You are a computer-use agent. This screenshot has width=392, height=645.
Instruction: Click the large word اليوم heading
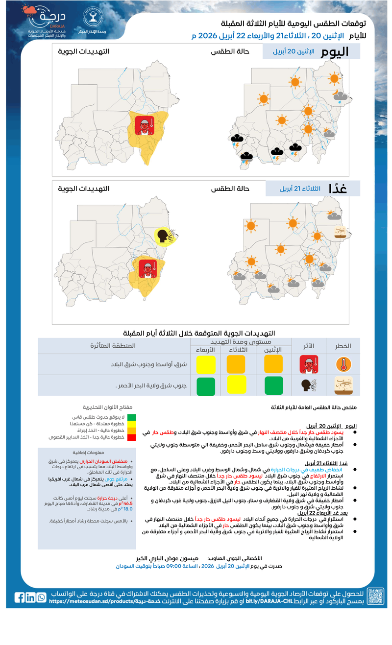[x=335, y=52]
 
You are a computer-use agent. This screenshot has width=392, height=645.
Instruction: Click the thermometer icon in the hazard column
[x=343, y=364]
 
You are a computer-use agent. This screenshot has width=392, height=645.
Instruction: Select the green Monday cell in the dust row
[x=274, y=386]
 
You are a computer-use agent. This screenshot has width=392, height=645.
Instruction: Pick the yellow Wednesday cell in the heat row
[x=206, y=364]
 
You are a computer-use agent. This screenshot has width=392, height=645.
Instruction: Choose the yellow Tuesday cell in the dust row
[x=236, y=386]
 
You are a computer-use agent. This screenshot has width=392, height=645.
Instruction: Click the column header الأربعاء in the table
[x=204, y=349]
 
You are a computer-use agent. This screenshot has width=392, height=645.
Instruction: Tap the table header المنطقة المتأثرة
[x=113, y=346]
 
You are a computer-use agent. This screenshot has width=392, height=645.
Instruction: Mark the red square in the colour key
[x=132, y=437]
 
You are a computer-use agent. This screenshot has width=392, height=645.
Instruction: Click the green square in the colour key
[x=132, y=417]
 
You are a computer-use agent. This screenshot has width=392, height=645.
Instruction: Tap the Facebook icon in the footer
[x=20, y=597]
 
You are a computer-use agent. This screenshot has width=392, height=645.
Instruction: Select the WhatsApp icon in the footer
[x=41, y=597]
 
